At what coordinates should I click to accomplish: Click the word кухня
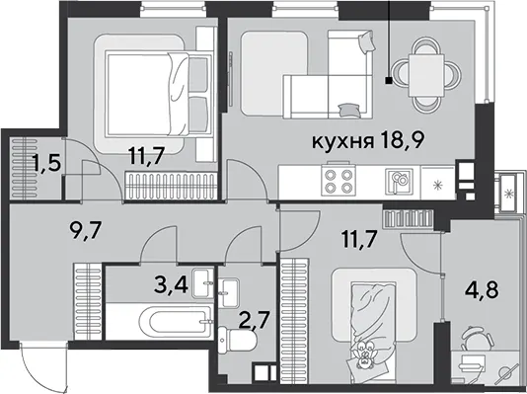point(343,141)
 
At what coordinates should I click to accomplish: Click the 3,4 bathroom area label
point(170,284)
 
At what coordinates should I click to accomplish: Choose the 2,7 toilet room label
point(255,321)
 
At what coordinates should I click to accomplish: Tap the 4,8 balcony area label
point(482,289)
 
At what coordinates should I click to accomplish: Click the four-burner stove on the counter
point(338,180)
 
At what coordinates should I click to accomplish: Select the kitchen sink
point(399,182)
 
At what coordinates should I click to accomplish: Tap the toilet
point(237,341)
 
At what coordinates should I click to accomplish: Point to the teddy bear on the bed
point(364,355)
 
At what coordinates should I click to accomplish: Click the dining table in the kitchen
point(426,76)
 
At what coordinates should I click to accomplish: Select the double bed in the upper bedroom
point(159,94)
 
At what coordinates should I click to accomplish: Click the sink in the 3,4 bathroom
point(202,283)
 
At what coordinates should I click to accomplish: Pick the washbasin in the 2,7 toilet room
point(228,293)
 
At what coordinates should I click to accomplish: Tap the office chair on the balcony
point(478,338)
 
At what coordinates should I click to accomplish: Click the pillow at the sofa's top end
point(367,41)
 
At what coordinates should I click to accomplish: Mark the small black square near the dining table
point(389,81)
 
